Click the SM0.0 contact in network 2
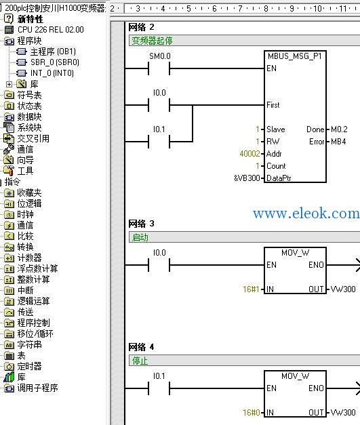click(x=159, y=68)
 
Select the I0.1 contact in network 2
click(x=159, y=142)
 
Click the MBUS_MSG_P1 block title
click(x=295, y=56)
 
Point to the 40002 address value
click(x=249, y=154)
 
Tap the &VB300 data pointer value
click(x=247, y=178)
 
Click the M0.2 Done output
click(x=339, y=129)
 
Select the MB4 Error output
click(x=338, y=142)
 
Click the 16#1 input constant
click(x=252, y=289)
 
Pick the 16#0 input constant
click(x=252, y=413)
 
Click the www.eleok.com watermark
click(x=306, y=214)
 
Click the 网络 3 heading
click(x=141, y=224)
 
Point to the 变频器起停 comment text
click(x=152, y=41)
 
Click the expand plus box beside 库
click(x=9, y=84)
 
